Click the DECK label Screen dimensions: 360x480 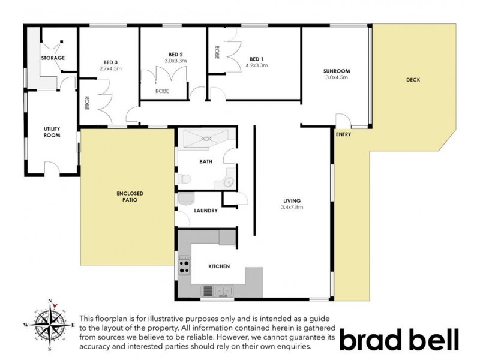[x=412, y=80]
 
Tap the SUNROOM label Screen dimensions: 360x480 [x=337, y=71]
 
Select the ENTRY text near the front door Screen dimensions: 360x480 [x=343, y=134]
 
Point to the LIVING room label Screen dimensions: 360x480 [x=292, y=200]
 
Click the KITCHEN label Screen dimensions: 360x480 [x=219, y=266]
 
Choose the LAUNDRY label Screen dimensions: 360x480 [x=206, y=211]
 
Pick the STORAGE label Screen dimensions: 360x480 [x=53, y=58]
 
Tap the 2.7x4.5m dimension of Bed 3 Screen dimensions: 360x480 [x=110, y=68]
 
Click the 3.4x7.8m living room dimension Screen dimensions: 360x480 [x=292, y=208]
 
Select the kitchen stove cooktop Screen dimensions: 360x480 [x=184, y=266]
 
